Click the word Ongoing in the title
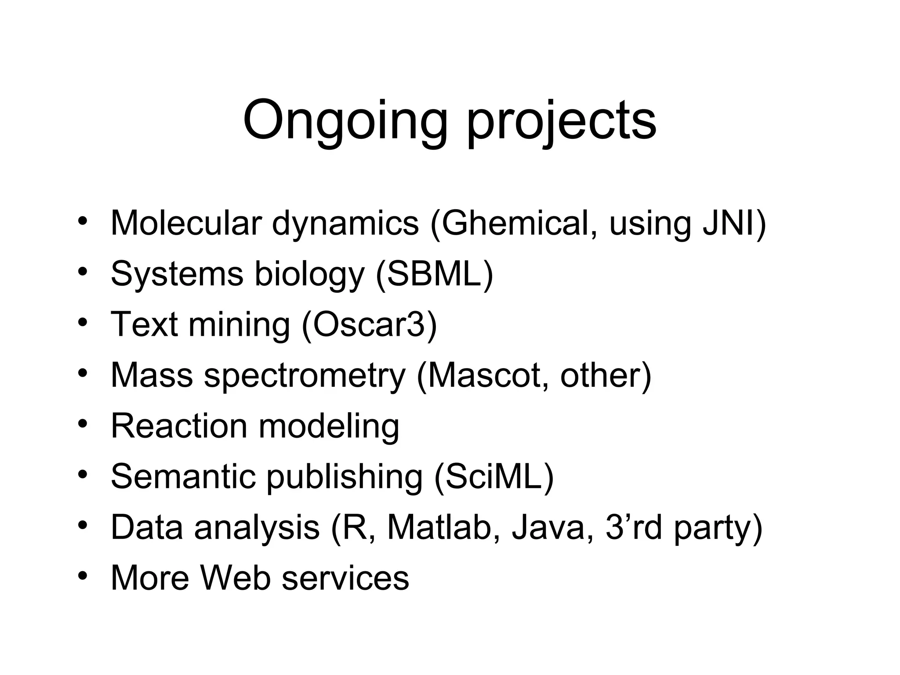coord(345,120)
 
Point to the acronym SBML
coord(435,274)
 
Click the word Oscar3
coord(369,325)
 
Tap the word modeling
coord(329,427)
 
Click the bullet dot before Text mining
coord(82,323)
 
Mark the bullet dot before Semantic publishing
coord(82,475)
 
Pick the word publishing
coord(345,477)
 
